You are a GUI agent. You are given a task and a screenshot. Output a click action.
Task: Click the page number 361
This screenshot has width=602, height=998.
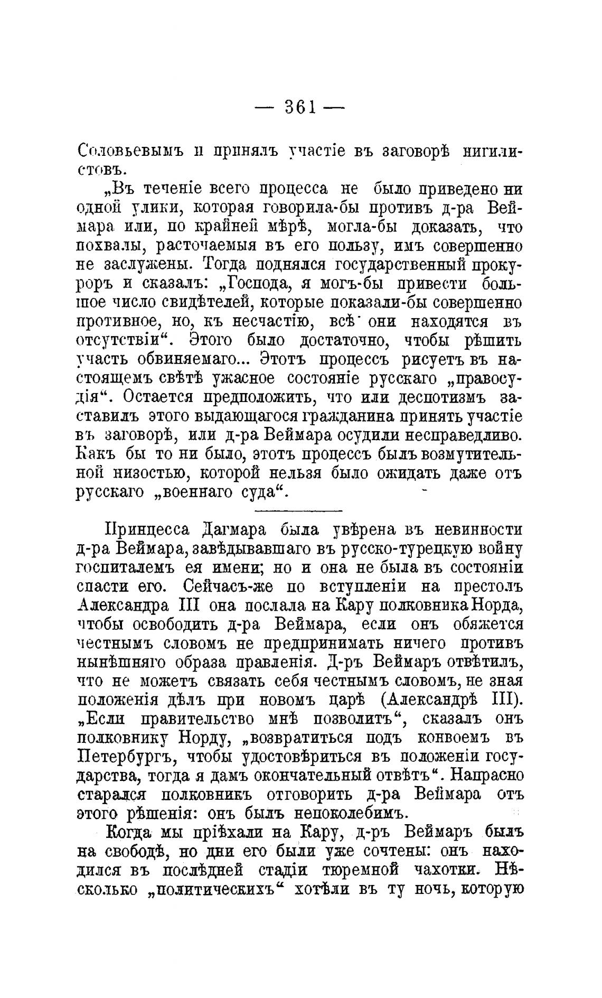coord(299,108)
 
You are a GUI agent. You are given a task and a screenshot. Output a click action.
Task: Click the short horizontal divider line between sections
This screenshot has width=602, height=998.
coord(298,511)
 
